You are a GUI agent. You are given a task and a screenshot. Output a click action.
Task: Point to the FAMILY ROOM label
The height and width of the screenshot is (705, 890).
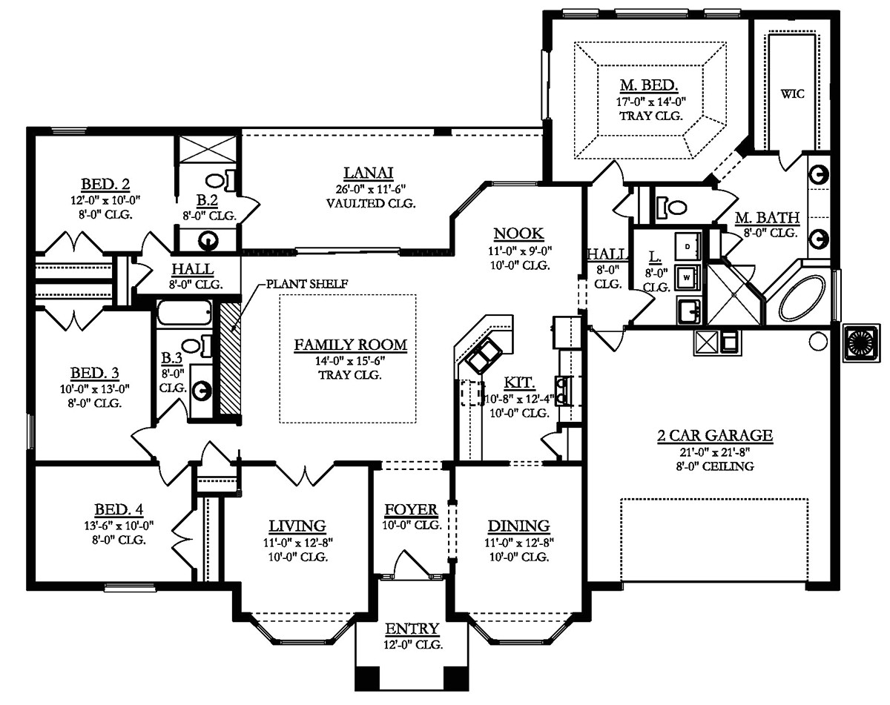tap(350, 345)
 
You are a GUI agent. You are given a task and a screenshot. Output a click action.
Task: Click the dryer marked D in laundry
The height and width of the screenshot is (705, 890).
tap(688, 245)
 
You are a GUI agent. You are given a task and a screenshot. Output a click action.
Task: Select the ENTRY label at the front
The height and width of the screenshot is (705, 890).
tap(412, 629)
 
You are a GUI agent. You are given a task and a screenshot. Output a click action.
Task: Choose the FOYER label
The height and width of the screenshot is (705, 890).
tap(411, 511)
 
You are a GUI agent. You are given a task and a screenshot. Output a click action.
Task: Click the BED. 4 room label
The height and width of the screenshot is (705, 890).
tap(119, 510)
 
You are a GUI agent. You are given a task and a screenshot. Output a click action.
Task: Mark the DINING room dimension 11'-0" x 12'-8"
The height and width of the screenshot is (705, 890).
tap(518, 542)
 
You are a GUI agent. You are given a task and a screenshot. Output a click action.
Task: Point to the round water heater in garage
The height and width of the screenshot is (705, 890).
tap(817, 342)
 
